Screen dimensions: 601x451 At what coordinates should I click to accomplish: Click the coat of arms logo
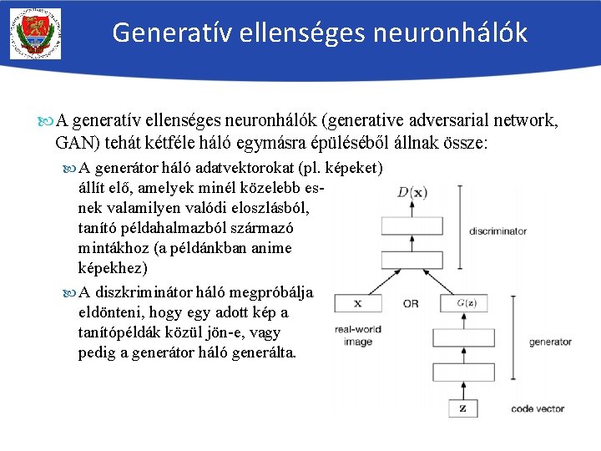[36, 33]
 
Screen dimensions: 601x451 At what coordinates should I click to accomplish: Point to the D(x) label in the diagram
[412, 193]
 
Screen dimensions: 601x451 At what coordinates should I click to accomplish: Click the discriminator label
[497, 231]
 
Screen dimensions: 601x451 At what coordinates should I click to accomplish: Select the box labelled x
[358, 303]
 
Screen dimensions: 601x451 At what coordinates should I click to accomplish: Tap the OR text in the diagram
[410, 304]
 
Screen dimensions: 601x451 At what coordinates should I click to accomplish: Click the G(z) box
[463, 303]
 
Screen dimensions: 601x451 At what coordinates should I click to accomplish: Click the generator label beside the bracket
[550, 342]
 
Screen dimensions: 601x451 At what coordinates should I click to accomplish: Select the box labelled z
[463, 408]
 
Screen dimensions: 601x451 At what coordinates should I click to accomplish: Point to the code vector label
[538, 409]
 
